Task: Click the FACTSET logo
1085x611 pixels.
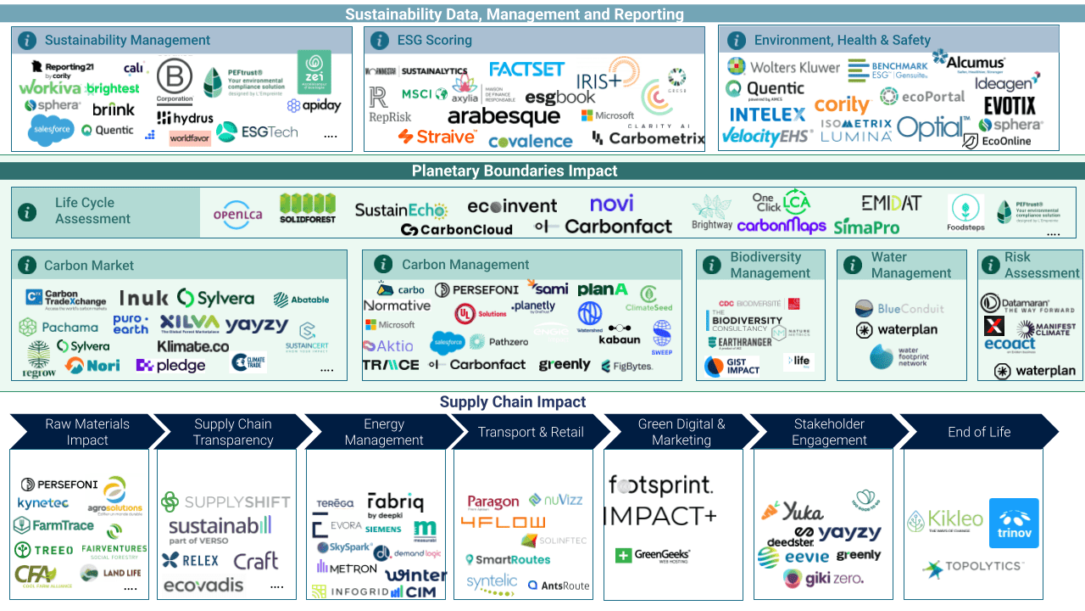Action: click(x=527, y=69)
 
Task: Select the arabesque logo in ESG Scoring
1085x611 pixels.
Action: click(x=504, y=117)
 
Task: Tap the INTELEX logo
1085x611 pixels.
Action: click(x=767, y=114)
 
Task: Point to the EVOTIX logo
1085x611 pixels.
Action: click(x=1010, y=105)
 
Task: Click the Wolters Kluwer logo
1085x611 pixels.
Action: click(x=784, y=67)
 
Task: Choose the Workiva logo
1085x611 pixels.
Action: click(x=50, y=87)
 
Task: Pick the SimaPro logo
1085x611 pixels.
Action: click(x=865, y=227)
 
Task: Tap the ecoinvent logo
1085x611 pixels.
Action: click(x=512, y=206)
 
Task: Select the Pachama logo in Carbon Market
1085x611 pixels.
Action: click(x=58, y=327)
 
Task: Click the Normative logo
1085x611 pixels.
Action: click(x=397, y=305)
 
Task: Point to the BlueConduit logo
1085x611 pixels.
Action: click(x=899, y=309)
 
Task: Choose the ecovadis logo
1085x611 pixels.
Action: click(x=203, y=585)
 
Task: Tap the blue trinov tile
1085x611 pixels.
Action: click(x=1014, y=523)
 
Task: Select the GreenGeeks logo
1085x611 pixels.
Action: click(x=653, y=555)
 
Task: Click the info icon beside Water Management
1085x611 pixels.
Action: click(x=853, y=265)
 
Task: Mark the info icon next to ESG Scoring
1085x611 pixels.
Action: click(x=383, y=40)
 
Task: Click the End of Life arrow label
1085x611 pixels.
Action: click(x=979, y=432)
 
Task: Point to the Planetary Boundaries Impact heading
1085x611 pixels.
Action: click(x=515, y=171)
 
